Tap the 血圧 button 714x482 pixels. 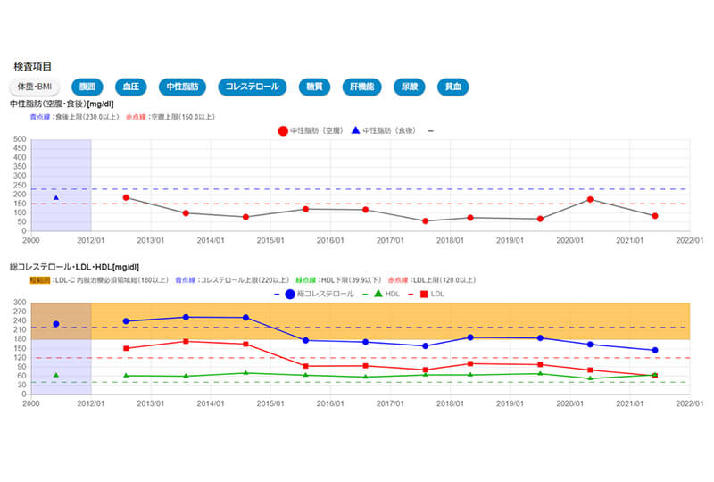(x=130, y=87)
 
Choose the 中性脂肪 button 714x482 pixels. (x=184, y=87)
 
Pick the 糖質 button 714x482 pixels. (x=314, y=87)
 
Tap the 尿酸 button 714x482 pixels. (x=408, y=87)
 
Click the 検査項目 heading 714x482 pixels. (x=33, y=67)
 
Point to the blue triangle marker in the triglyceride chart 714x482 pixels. (x=55, y=197)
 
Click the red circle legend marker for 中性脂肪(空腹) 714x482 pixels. (x=283, y=131)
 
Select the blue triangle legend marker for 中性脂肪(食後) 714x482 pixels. (x=355, y=131)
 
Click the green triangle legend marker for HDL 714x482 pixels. (x=378, y=294)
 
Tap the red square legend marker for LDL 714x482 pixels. (x=423, y=294)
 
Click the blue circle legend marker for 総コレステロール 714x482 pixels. (x=289, y=294)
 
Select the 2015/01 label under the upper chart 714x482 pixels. (x=270, y=240)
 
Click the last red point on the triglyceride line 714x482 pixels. (x=655, y=216)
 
